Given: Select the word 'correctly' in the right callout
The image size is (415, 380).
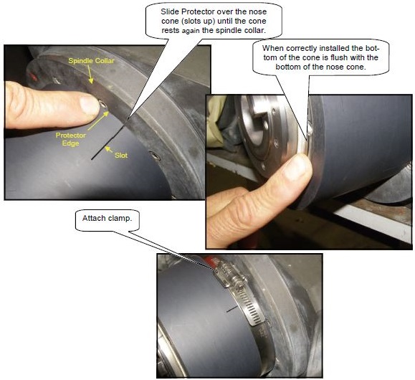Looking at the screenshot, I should pos(299,47).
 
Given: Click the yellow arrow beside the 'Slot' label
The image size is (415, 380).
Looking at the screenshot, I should pos(108,148).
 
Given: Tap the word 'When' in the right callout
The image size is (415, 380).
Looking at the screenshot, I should pos(275,47).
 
